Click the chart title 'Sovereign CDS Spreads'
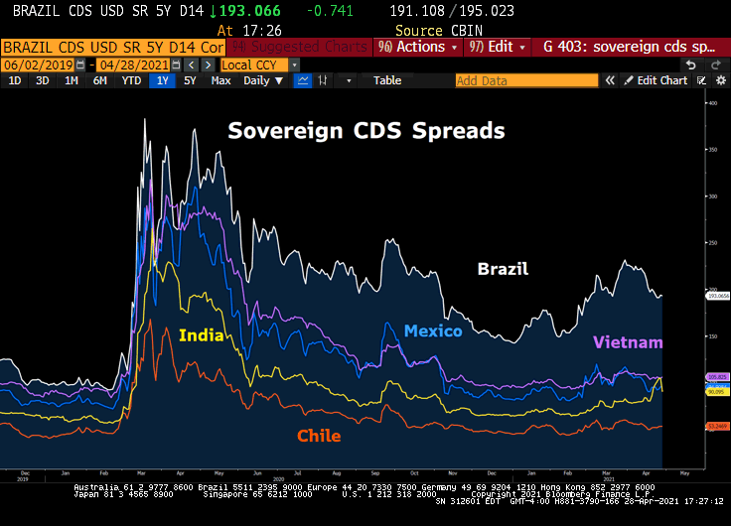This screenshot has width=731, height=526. point(366,131)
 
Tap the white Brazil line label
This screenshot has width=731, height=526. point(503,269)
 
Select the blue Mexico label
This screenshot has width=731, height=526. point(432,330)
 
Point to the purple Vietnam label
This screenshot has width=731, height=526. point(628,342)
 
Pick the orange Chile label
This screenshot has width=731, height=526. point(319,436)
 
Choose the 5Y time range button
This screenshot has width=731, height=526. point(190,80)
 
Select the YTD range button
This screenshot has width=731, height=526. point(131,80)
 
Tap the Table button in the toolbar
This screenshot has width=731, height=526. point(387,80)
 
